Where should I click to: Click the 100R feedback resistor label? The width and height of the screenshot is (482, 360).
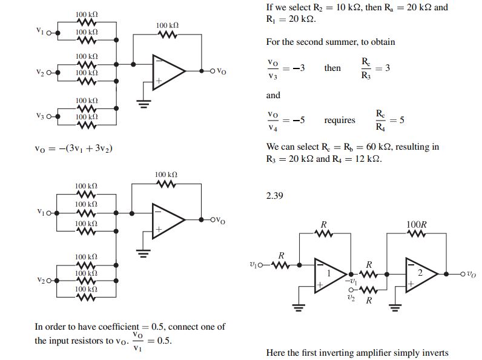tap(416, 225)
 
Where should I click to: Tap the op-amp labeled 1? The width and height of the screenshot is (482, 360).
tap(330, 274)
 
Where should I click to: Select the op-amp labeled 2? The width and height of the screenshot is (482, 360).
tap(421, 275)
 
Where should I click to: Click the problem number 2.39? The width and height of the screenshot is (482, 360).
tap(274, 196)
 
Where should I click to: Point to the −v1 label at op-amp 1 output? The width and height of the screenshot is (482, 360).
tap(351, 281)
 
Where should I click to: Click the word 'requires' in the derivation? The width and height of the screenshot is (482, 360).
tap(340, 120)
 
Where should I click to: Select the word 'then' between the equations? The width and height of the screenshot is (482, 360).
tap(332, 68)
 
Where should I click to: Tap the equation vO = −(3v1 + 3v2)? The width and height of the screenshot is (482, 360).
tap(73, 148)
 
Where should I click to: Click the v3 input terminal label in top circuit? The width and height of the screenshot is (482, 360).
tap(40, 116)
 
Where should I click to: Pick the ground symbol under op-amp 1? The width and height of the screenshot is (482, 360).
tap(299, 307)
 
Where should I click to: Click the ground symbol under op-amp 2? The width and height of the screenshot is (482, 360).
tap(395, 307)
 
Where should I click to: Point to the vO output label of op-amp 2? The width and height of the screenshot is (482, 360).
tap(472, 274)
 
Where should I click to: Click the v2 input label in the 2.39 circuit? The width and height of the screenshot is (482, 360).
tap(351, 297)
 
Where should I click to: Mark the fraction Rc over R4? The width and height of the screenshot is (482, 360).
tap(380, 120)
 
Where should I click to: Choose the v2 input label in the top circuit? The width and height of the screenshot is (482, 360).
tap(40, 72)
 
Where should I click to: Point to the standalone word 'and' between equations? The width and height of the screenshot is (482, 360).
tap(273, 95)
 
